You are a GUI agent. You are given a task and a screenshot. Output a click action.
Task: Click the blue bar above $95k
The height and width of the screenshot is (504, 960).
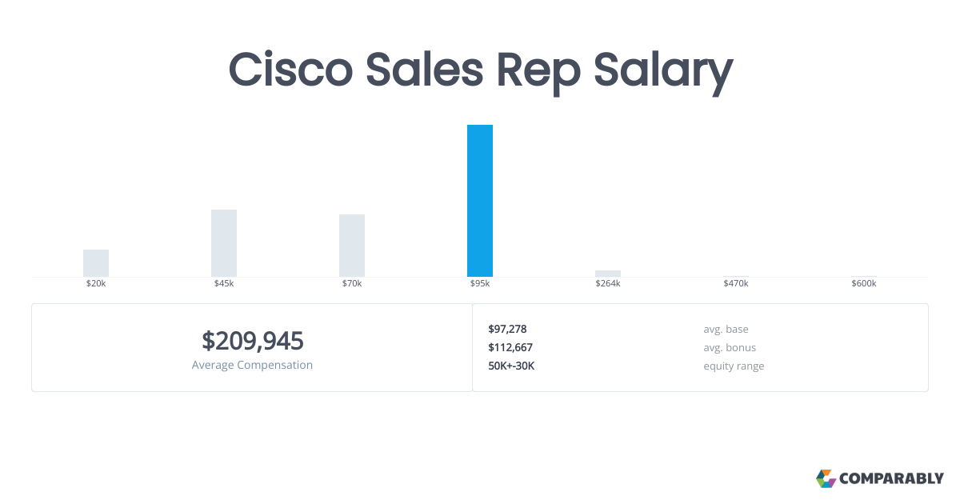tap(480, 201)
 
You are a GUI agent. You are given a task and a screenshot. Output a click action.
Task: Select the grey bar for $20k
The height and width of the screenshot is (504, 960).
tap(96, 263)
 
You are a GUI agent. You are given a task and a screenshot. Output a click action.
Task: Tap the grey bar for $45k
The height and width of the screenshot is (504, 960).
tap(224, 243)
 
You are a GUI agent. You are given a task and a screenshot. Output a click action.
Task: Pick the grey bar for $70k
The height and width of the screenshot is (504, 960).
tap(352, 246)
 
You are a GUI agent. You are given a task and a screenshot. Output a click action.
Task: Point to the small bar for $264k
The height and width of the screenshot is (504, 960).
tap(608, 274)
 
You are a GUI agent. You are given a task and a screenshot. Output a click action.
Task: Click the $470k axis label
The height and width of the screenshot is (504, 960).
tap(736, 284)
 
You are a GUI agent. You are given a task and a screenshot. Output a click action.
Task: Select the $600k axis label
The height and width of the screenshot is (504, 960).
tap(864, 284)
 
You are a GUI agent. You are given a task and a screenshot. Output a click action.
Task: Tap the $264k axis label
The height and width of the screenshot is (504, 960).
tap(608, 284)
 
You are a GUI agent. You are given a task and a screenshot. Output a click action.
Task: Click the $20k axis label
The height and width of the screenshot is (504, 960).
tap(96, 284)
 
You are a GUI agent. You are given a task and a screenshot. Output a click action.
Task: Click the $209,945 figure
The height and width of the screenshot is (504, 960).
tap(253, 342)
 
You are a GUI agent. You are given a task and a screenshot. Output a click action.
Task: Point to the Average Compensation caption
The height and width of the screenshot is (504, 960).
tap(253, 365)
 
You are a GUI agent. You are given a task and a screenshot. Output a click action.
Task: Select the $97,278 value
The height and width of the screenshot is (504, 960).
tap(507, 329)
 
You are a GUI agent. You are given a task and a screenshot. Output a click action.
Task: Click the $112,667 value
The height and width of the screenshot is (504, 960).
tap(510, 347)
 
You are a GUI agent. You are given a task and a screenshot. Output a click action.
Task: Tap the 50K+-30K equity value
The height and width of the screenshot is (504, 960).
tap(511, 366)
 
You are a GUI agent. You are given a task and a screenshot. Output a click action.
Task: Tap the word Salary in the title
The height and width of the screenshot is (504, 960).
tap(662, 72)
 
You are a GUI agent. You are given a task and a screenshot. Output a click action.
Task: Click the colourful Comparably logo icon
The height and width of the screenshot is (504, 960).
tap(826, 478)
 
